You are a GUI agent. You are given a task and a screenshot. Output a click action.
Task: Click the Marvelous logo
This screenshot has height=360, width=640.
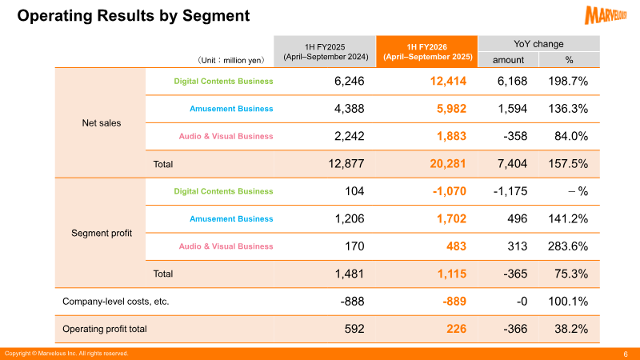[x=606, y=15]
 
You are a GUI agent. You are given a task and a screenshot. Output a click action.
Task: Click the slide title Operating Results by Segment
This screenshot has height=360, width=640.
[x=133, y=16]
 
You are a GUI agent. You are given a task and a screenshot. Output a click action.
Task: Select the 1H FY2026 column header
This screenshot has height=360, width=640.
[x=427, y=52]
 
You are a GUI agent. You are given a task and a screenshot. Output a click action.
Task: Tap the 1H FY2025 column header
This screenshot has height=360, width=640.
[x=325, y=52]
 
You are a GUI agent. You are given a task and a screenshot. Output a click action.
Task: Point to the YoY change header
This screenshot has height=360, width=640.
[x=538, y=44]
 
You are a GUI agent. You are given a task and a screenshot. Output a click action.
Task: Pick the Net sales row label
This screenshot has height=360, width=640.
[x=102, y=123]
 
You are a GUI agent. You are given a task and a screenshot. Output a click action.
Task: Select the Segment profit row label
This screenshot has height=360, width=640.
[x=102, y=233]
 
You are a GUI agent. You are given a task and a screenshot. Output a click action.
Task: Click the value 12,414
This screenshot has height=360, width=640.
[x=448, y=82]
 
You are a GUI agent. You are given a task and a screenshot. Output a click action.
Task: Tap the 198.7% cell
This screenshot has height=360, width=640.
[x=568, y=82]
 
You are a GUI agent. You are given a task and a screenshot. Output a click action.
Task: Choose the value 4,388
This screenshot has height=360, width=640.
[x=349, y=109]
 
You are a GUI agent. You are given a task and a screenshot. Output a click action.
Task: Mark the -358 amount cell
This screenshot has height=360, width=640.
[x=515, y=136]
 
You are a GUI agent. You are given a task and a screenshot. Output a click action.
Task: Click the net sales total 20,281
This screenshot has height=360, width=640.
[x=448, y=164]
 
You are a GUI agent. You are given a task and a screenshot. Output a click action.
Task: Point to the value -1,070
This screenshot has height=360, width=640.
[x=449, y=191]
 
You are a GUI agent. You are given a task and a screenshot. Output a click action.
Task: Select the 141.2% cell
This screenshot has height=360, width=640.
[x=568, y=218]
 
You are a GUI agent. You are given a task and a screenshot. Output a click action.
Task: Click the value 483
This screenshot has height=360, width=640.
[x=456, y=246]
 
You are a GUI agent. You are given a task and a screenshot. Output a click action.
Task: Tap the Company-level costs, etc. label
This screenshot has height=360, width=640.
[x=115, y=302]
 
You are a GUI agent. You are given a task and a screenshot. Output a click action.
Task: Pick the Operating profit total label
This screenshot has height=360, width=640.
[x=105, y=329]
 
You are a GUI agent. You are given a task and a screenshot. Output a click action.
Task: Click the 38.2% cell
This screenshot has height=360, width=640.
[x=571, y=329]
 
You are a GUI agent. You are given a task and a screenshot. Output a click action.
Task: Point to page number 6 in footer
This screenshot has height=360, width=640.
[x=626, y=354]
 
